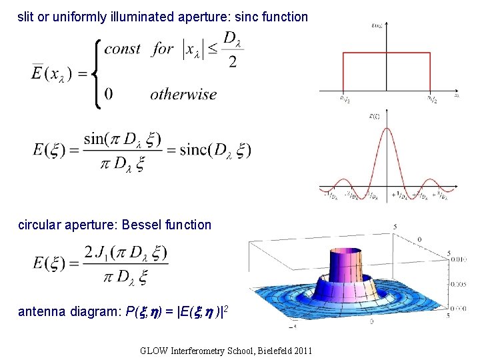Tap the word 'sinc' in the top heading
pos(243,17)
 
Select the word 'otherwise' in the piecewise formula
pos(183,94)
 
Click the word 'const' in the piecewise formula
pos(122,49)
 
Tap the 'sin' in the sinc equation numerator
pos(95,139)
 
